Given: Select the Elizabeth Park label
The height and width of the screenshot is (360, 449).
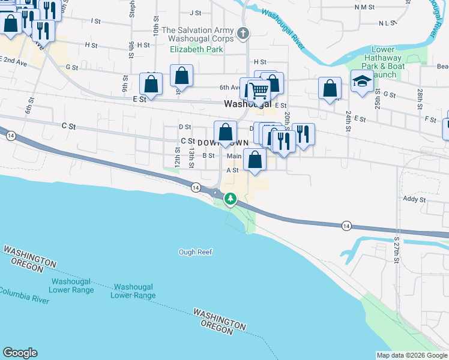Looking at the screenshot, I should (192, 50).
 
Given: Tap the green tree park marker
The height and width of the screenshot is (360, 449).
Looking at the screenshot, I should (230, 198).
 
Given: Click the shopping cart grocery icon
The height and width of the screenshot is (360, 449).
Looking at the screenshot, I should (259, 91).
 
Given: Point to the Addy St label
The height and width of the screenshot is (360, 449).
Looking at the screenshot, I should (414, 199).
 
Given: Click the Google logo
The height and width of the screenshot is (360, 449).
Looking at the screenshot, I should (20, 353).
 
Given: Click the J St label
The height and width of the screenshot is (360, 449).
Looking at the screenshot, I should (195, 13).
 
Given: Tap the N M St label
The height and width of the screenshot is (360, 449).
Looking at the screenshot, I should (364, 7).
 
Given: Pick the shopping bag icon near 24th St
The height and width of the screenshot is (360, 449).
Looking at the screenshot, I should (330, 88).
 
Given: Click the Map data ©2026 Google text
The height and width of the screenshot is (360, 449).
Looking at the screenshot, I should (412, 355).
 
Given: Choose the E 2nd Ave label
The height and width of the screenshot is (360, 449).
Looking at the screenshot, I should (14, 61).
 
